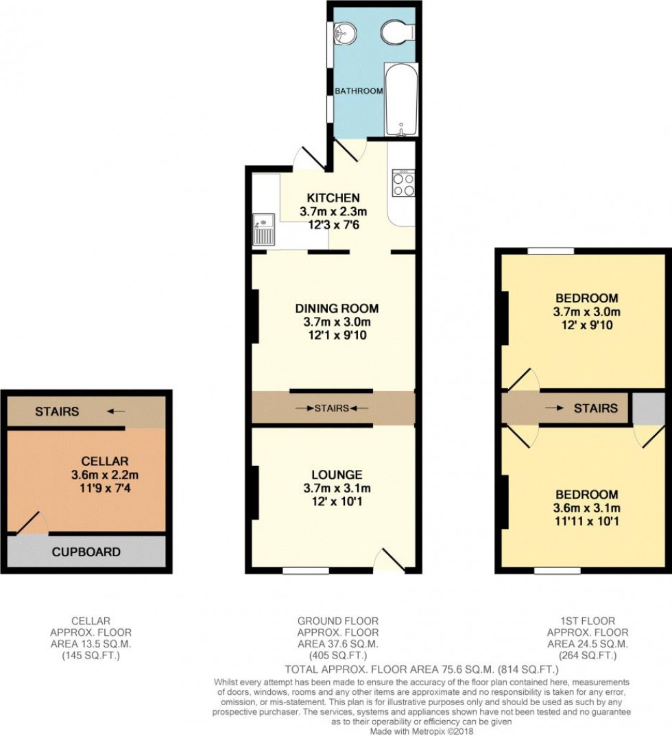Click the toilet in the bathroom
[396, 31]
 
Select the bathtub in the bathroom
[400, 100]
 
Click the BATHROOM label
[359, 91]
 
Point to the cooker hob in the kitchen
[403, 183]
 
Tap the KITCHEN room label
[333, 198]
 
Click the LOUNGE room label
[336, 475]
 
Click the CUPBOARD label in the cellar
[86, 551]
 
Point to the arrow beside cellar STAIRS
[116, 412]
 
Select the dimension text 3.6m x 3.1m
[586, 508]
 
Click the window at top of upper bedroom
[551, 251]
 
